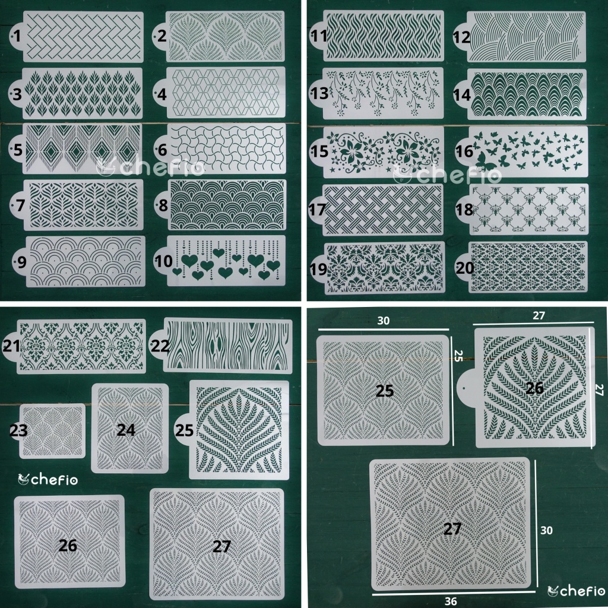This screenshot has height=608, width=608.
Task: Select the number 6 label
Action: pos(162,150)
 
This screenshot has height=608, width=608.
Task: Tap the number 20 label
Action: pos(465,268)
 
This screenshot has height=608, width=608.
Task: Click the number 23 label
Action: pos(18,430)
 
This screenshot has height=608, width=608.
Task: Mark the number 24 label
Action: pos(126,429)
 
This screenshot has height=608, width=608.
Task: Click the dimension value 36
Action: pos(451,600)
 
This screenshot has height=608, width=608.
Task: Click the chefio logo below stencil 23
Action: pos(49,479)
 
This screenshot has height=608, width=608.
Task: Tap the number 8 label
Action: pos(162,205)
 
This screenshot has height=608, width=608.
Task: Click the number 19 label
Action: pos(318,269)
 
